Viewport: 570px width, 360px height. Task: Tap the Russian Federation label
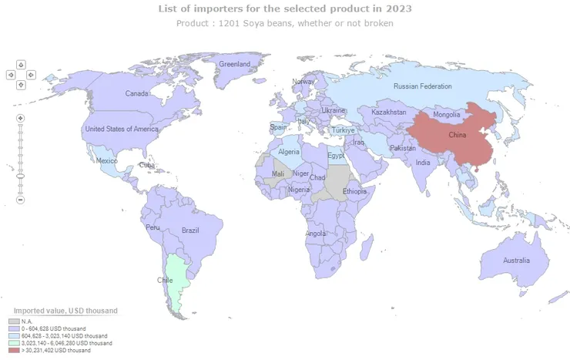click(x=422, y=86)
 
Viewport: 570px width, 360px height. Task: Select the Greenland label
click(x=235, y=64)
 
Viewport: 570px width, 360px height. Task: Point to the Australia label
click(x=516, y=261)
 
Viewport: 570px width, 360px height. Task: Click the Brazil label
click(x=190, y=230)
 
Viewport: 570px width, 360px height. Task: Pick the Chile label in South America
click(x=165, y=280)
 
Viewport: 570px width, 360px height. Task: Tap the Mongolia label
click(x=447, y=115)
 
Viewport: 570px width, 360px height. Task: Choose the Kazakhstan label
click(x=389, y=113)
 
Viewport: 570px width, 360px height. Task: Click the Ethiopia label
click(x=355, y=191)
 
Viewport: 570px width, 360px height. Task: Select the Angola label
click(x=316, y=234)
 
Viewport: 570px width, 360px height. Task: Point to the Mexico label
click(x=106, y=160)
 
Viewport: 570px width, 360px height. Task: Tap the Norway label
click(x=303, y=82)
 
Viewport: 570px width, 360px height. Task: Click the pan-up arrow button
click(x=21, y=65)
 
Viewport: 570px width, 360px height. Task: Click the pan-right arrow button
click(x=31, y=75)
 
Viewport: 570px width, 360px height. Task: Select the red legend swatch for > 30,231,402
click(x=14, y=350)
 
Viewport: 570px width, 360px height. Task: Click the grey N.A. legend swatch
click(x=14, y=321)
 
